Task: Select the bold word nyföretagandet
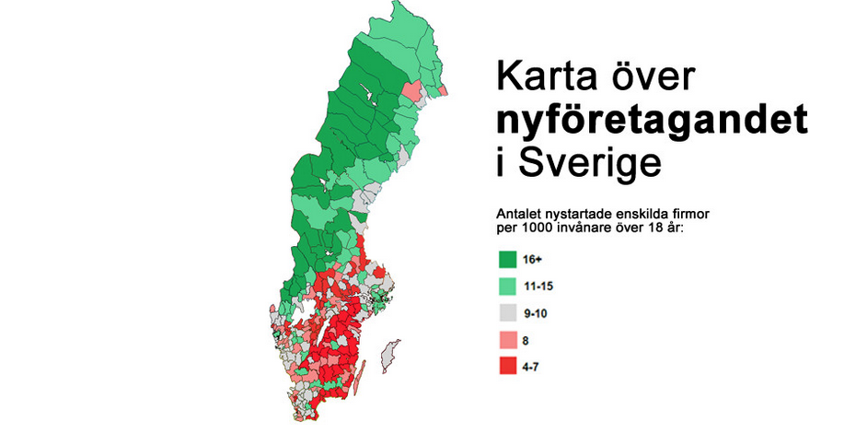[653, 123]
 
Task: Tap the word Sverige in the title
[587, 163]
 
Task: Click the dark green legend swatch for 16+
[508, 260]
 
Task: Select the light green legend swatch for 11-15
[508, 287]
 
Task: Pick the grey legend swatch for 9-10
[508, 313]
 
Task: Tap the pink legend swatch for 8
[508, 339]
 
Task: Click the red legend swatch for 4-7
[508, 366]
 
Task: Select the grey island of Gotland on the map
[392, 354]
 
